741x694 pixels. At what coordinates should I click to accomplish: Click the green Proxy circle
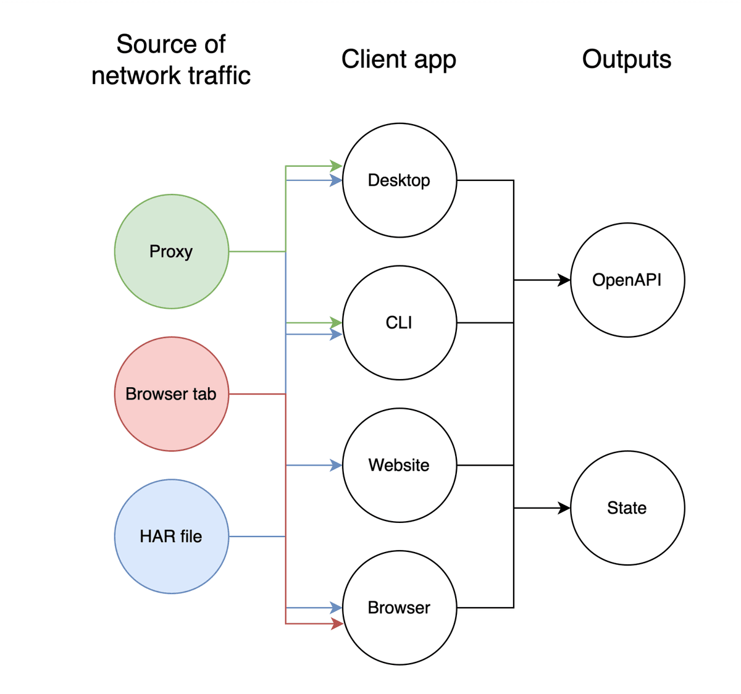(x=171, y=251)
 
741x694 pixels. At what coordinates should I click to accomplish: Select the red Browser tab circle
(x=171, y=394)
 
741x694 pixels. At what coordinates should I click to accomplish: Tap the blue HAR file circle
(x=171, y=536)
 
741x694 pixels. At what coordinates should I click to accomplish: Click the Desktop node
(x=399, y=180)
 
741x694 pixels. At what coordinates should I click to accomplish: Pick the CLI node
(x=399, y=322)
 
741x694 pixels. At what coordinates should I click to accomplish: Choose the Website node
(x=399, y=465)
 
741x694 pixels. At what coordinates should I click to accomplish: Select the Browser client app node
(x=399, y=608)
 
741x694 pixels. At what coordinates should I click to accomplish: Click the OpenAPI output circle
(x=627, y=280)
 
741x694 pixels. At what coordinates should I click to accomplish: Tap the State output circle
(x=627, y=508)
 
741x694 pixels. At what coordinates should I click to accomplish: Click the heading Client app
(x=398, y=59)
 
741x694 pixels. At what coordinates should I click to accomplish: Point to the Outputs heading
(x=626, y=59)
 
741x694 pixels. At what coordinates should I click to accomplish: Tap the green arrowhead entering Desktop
(x=337, y=166)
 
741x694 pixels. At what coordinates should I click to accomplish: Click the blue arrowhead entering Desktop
(x=337, y=180)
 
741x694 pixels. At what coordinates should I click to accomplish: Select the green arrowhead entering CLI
(x=337, y=323)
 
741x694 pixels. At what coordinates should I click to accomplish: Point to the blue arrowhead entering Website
(x=337, y=465)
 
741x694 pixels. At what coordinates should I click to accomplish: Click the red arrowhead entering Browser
(x=337, y=624)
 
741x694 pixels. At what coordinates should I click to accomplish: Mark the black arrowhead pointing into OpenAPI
(x=564, y=280)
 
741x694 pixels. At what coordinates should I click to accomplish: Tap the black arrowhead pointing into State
(x=564, y=508)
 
